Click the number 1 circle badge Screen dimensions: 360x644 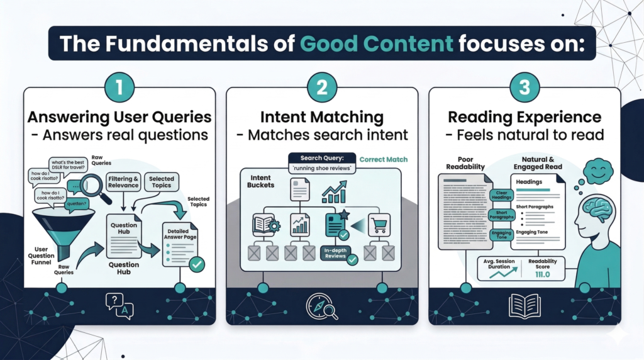[x=119, y=88]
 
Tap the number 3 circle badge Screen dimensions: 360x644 [x=525, y=88]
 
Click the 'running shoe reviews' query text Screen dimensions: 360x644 [x=321, y=169]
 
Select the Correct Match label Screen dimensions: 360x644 [x=384, y=159]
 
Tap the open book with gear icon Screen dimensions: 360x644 [x=264, y=225]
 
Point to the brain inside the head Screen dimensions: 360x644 [x=596, y=210]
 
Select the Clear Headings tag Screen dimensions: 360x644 [x=501, y=196]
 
